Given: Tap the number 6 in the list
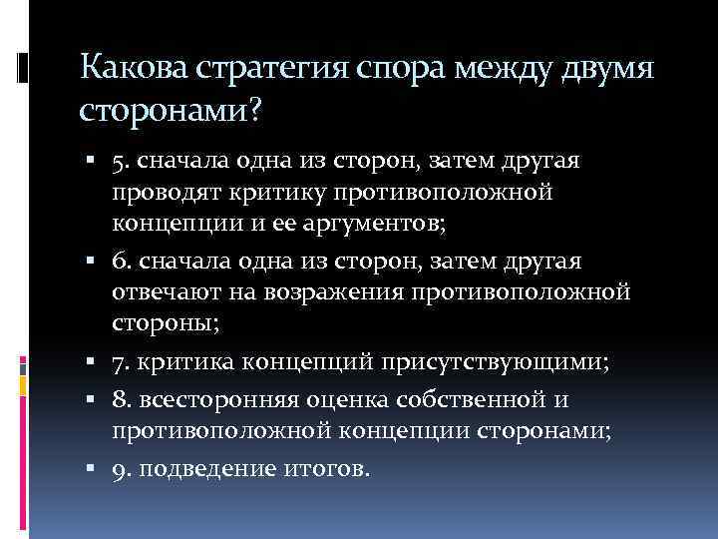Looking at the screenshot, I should tap(119, 262).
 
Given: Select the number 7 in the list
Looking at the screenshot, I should tap(119, 361).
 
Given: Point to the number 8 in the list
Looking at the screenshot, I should tap(119, 402).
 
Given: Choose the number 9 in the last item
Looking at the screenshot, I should tap(119, 468).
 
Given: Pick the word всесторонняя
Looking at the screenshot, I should tap(206, 402).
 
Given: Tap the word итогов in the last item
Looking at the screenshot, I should tap(325, 468).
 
